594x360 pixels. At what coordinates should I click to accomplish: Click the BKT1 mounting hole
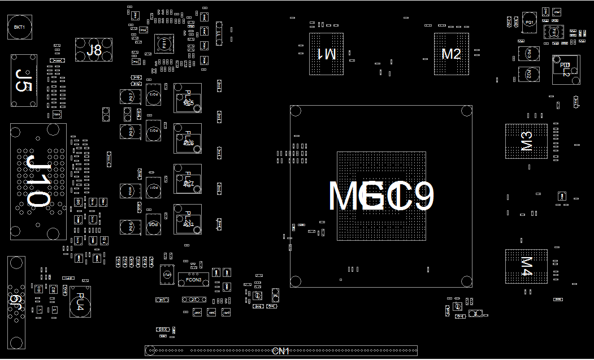point(20,27)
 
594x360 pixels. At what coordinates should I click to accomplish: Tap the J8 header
point(94,50)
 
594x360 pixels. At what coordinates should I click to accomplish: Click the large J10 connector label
point(38,181)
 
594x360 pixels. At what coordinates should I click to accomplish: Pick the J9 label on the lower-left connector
point(16,302)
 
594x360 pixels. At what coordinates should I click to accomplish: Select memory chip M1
point(326,54)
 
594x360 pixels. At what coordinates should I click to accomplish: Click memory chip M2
point(451,54)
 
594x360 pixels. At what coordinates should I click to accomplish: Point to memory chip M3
point(526,141)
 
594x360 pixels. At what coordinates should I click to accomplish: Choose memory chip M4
point(526,266)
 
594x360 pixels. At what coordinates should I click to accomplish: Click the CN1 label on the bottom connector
point(281,351)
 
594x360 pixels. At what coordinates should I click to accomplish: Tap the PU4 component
point(80,301)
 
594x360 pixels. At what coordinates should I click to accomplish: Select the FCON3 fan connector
point(193,280)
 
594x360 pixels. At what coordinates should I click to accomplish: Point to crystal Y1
point(219,33)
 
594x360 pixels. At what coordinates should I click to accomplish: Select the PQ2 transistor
point(528,74)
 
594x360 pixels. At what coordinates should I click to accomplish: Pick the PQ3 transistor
point(528,54)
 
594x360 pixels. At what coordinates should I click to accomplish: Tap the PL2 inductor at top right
point(566,70)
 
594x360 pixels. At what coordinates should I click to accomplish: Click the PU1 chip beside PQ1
point(553,32)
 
